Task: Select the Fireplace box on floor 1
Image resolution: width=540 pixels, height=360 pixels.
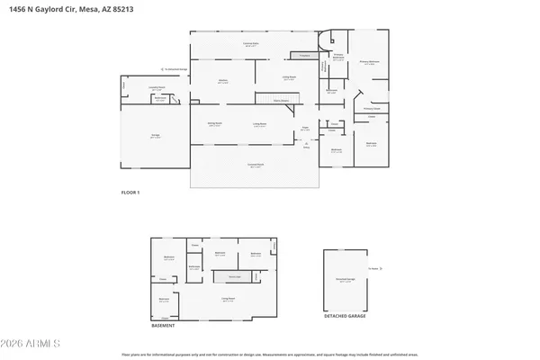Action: click(304, 56)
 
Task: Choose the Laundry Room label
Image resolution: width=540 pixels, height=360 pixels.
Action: click(155, 87)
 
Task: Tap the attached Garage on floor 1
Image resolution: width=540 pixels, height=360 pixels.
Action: click(155, 136)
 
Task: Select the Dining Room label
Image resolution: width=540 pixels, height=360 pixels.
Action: click(216, 123)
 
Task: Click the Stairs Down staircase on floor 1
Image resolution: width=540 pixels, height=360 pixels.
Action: click(271, 97)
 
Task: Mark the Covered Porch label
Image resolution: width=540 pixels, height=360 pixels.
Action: click(255, 165)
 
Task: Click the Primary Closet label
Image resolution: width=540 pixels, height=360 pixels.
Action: click(372, 108)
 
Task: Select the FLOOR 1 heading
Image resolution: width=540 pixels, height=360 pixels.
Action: click(131, 193)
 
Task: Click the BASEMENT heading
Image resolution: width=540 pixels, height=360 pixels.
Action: click(162, 326)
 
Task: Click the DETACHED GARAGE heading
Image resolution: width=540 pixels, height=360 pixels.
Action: click(346, 317)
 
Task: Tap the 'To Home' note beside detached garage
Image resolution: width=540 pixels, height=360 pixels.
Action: click(372, 268)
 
